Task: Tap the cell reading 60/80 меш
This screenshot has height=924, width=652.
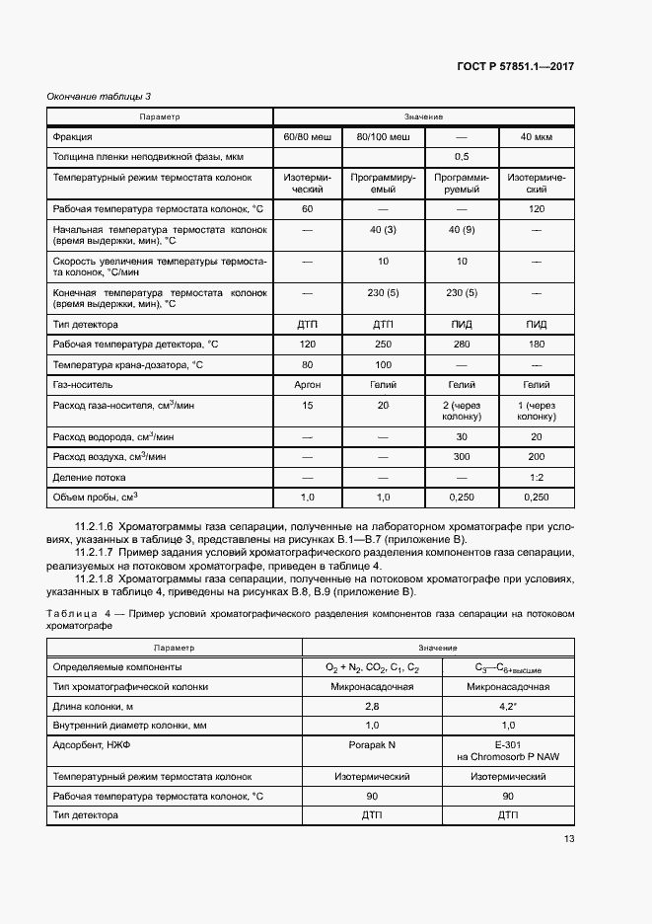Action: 307,136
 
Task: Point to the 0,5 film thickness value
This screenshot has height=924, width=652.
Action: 461,157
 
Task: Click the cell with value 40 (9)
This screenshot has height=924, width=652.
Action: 461,230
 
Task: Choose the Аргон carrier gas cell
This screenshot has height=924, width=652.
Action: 307,385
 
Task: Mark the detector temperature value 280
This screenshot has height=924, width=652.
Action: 461,344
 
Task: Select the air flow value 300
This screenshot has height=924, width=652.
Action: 461,457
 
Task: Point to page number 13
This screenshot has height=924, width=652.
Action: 569,839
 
